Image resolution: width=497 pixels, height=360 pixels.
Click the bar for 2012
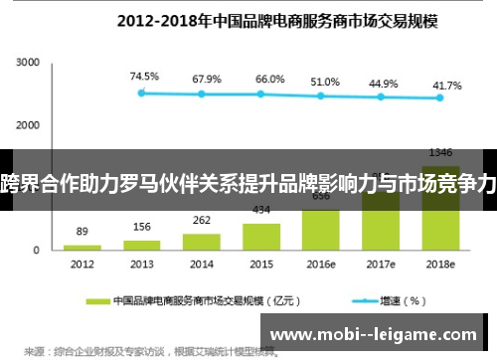click(x=83, y=247)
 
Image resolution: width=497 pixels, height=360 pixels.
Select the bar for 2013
click(x=142, y=244)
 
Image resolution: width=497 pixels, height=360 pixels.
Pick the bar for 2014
click(x=202, y=241)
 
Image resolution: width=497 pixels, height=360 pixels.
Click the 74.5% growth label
click(x=142, y=76)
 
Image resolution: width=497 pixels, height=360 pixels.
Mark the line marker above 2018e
click(x=440, y=98)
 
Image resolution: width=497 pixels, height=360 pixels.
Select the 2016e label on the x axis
click(x=321, y=265)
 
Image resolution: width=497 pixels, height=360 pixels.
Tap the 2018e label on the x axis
click(x=440, y=265)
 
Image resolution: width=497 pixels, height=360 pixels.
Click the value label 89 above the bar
click(x=83, y=231)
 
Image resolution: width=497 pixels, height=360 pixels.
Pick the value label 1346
click(x=440, y=152)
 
